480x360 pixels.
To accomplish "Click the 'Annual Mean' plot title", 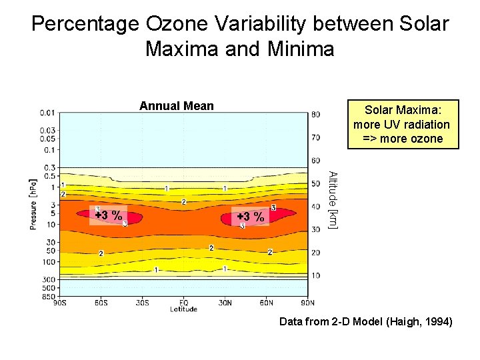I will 177,105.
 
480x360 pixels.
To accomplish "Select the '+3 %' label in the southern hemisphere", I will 108,215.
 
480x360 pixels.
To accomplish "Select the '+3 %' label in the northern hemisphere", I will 251,217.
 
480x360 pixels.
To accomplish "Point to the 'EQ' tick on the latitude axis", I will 183,303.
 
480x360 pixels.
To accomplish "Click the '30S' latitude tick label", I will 142,303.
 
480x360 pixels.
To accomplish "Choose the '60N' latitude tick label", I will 266,303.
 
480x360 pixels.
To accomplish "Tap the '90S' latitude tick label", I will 60,303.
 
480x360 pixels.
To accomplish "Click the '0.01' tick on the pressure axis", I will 47,112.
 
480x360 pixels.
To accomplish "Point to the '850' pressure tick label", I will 48,295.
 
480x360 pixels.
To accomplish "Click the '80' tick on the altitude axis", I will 316,114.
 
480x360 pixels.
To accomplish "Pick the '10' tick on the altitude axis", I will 316,275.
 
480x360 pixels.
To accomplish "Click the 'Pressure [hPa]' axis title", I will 33,204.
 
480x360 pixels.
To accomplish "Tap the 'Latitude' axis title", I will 183,309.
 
